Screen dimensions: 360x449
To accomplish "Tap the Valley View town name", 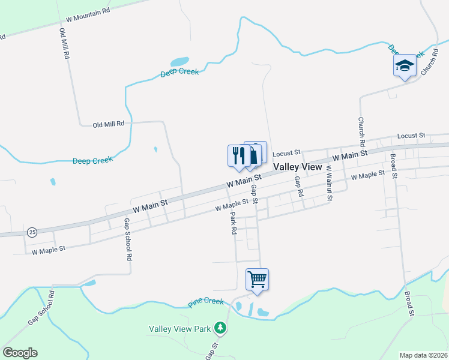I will pyautogui.click(x=298, y=167).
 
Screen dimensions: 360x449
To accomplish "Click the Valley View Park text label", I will pyautogui.click(x=180, y=329).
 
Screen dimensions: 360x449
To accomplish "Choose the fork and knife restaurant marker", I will pyautogui.click(x=239, y=155).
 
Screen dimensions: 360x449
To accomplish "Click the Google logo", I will pyautogui.click(x=20, y=353).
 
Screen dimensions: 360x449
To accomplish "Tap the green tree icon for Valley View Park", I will pyautogui.click(x=221, y=328).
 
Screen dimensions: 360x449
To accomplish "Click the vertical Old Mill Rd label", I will pyautogui.click(x=64, y=43).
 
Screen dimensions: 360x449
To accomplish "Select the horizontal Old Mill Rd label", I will pyautogui.click(x=108, y=124).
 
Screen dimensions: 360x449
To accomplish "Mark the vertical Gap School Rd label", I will pyautogui.click(x=127, y=238).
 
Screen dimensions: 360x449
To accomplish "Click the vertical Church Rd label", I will pyautogui.click(x=361, y=132).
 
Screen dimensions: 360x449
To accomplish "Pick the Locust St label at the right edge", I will pyautogui.click(x=411, y=136).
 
